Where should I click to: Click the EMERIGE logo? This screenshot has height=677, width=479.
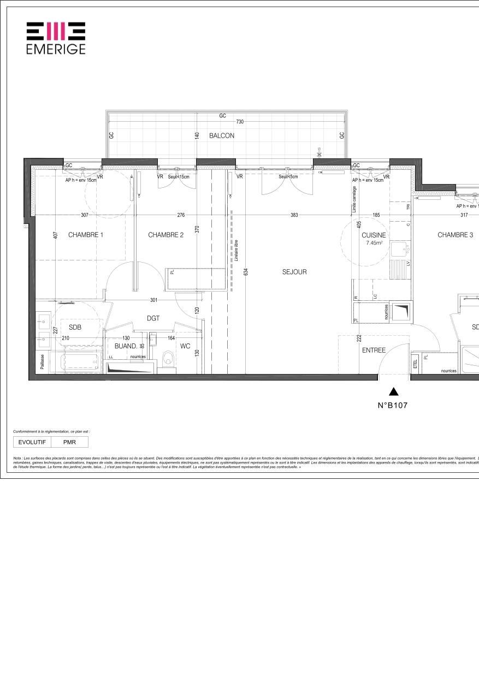[x=56, y=38]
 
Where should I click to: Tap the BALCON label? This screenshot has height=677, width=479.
[x=222, y=135]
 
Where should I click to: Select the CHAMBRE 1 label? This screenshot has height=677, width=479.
[x=86, y=235]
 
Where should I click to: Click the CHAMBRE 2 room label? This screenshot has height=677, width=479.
[x=165, y=235]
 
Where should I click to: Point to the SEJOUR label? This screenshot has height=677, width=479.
[x=294, y=272]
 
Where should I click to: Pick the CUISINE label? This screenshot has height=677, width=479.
[x=374, y=235]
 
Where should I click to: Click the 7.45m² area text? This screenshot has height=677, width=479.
[x=374, y=243]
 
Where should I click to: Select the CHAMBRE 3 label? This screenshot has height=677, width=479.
[x=455, y=235]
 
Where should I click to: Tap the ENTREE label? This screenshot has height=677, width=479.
[x=374, y=351]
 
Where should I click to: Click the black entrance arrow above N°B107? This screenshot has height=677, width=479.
[x=393, y=391]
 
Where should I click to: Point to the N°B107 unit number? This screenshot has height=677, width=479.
[x=393, y=406]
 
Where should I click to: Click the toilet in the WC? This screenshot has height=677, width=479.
[x=169, y=359]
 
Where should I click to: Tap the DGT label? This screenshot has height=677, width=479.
[x=153, y=318]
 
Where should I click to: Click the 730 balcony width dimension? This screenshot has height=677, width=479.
[x=239, y=122]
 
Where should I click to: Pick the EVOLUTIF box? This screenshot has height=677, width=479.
[x=32, y=442]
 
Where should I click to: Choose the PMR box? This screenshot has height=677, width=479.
[x=69, y=442]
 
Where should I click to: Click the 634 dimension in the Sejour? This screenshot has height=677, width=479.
[x=247, y=271]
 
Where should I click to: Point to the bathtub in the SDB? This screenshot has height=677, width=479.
[x=81, y=362]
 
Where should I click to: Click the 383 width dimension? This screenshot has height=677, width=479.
[x=294, y=215]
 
